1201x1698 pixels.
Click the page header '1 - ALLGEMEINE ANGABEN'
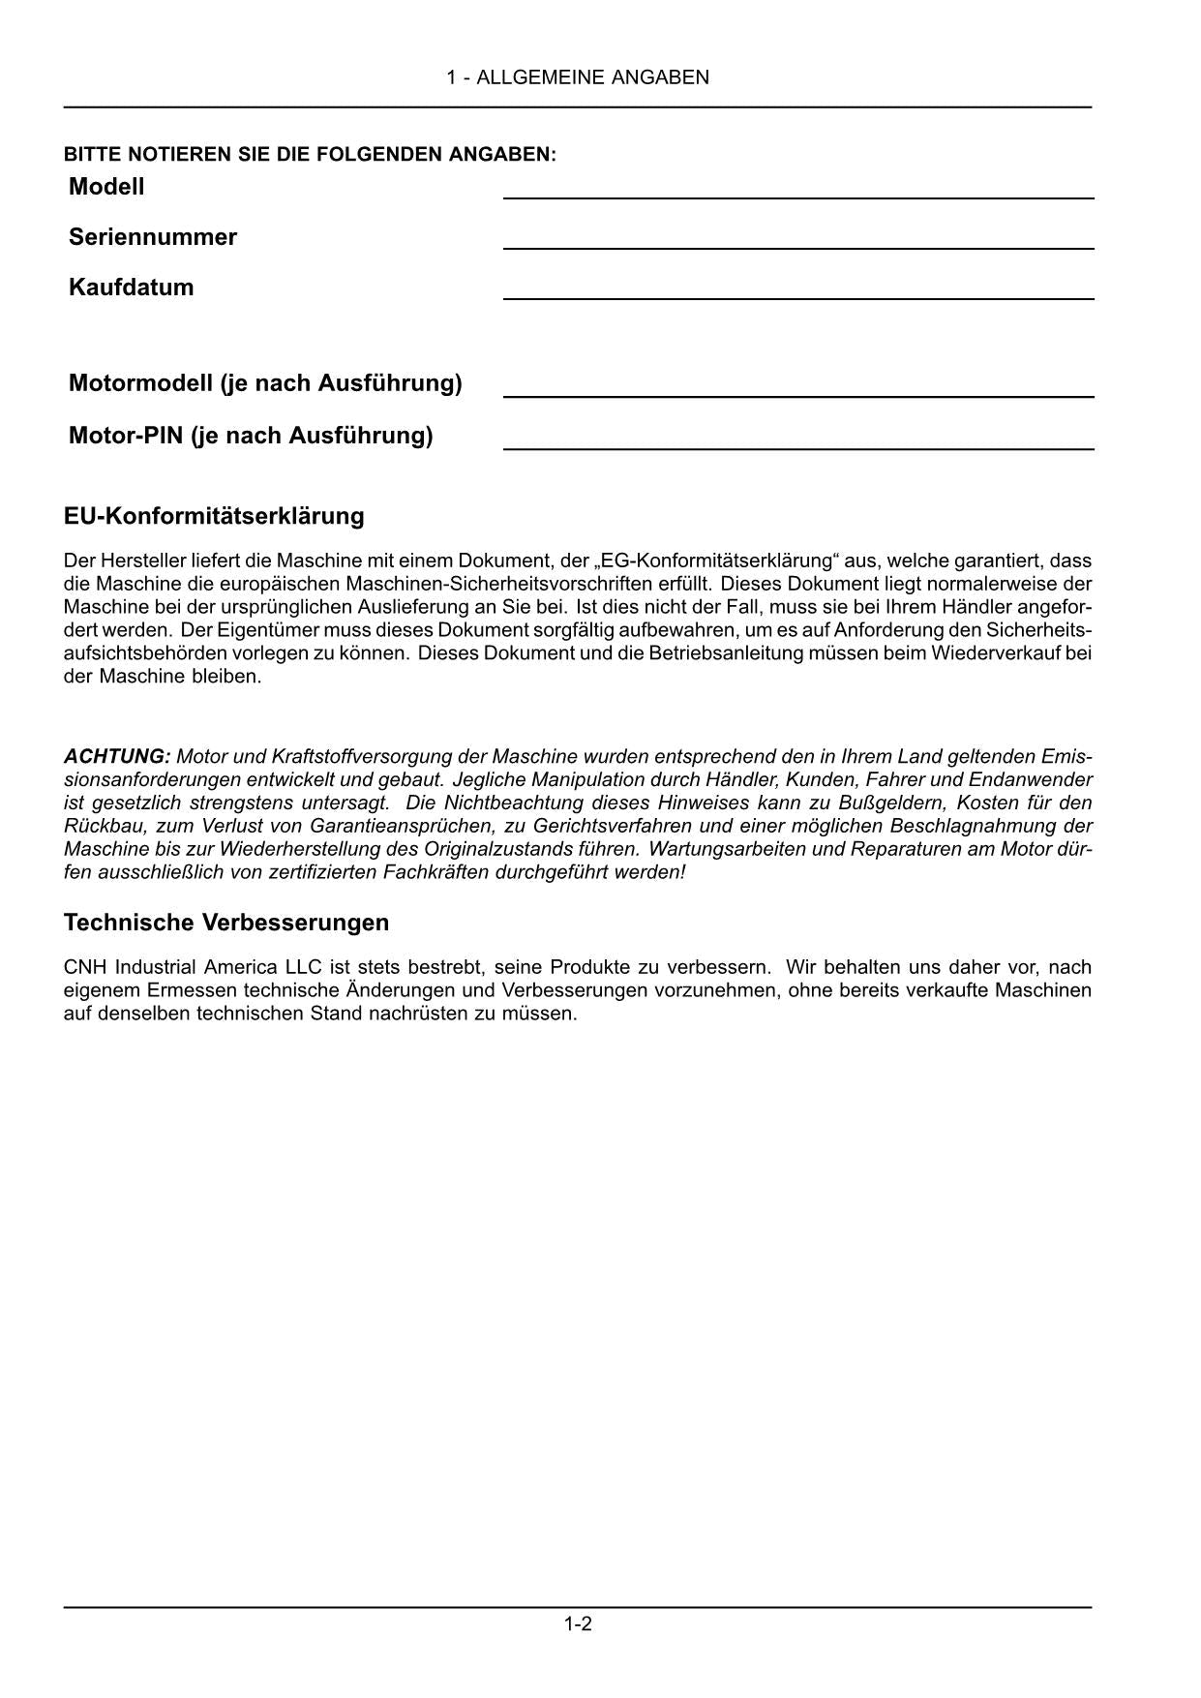(578, 77)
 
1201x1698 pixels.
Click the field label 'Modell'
(106, 187)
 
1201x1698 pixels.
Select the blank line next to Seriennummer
(798, 248)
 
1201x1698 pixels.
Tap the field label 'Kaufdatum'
(131, 288)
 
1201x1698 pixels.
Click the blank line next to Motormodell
(798, 396)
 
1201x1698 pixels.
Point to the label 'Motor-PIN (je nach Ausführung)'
(251, 436)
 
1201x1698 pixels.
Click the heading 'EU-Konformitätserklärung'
(214, 516)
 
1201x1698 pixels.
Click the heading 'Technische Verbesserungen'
(226, 923)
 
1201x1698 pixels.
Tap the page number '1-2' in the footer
(578, 1623)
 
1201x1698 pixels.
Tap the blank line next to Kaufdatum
(798, 298)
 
